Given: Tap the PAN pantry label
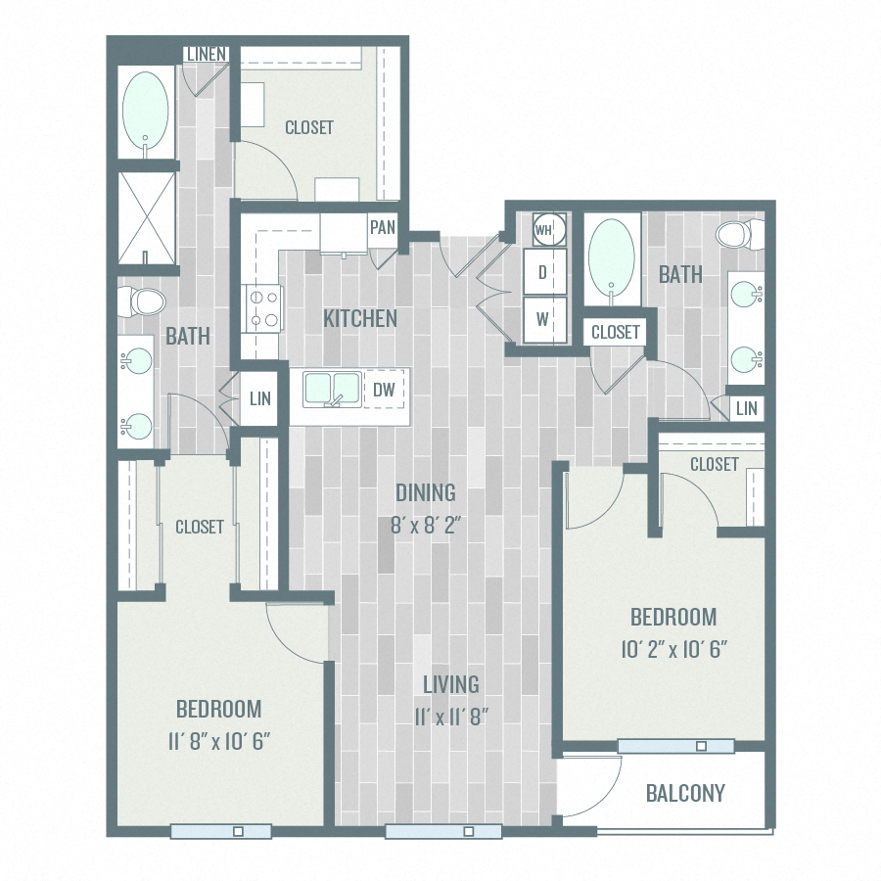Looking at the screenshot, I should click(x=383, y=228).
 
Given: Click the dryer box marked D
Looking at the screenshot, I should click(x=543, y=273).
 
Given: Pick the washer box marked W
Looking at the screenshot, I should click(x=543, y=318).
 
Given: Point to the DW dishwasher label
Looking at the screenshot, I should click(x=385, y=390).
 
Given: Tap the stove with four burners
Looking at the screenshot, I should click(x=263, y=307).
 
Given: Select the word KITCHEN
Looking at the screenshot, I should click(x=360, y=318).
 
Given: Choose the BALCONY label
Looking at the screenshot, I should click(x=685, y=793).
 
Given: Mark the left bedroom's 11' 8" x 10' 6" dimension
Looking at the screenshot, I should click(x=218, y=740).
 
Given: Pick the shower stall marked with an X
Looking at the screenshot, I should click(x=148, y=218).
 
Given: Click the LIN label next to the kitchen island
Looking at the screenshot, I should click(x=259, y=399).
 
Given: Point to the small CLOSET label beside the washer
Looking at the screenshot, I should click(x=615, y=332).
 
